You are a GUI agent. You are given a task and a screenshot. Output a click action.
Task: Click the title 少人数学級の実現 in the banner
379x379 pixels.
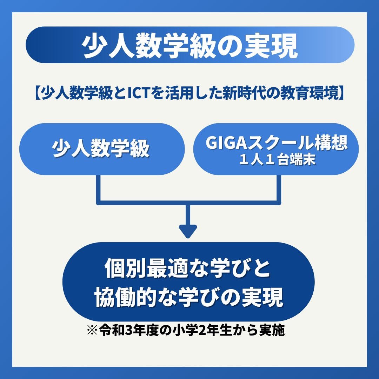pos(190,45)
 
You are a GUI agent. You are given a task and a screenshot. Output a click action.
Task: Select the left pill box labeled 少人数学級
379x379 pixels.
pos(101,149)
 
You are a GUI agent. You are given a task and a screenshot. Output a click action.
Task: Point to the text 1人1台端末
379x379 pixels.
pos(276,160)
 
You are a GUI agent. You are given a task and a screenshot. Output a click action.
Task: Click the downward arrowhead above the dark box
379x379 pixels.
pos(188,231)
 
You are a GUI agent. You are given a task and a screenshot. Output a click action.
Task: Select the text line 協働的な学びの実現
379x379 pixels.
pos(188,298)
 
